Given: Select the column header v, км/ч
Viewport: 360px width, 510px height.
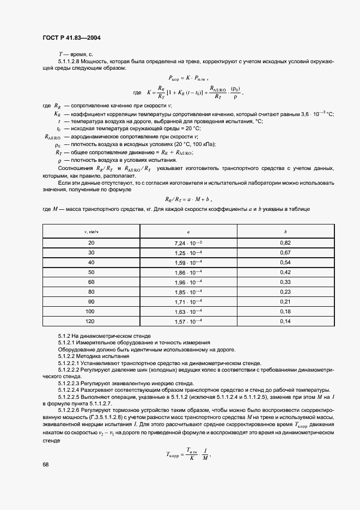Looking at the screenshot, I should pos(91,231).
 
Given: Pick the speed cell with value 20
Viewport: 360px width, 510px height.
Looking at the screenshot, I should pos(91,242).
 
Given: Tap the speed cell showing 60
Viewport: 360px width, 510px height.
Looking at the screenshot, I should pos(91,282).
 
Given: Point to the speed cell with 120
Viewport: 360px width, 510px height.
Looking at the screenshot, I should pos(91,321).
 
